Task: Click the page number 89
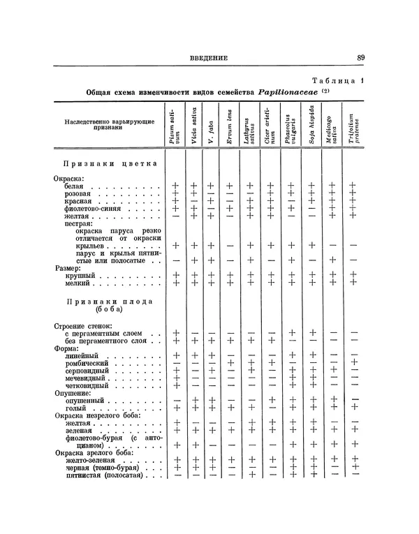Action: (x=360, y=58)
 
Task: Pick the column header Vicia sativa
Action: (x=193, y=125)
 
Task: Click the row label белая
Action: (x=68, y=186)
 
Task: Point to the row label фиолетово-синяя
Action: (x=90, y=208)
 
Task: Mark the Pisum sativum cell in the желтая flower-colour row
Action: (x=176, y=216)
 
